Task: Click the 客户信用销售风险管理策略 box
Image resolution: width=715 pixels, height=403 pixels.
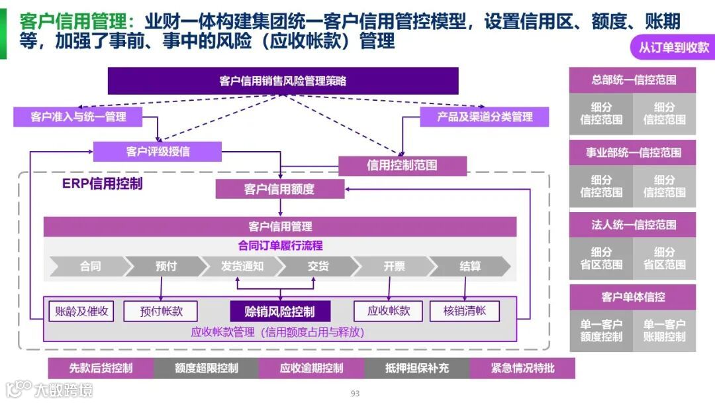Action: [x=283, y=81]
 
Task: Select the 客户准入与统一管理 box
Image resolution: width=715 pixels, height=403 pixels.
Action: [x=78, y=117]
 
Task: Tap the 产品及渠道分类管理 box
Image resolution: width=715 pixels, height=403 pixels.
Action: [x=485, y=117]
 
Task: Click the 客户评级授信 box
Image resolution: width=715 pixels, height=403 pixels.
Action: [x=158, y=151]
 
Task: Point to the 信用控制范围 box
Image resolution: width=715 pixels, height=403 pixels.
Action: [x=402, y=165]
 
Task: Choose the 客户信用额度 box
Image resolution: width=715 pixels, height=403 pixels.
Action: [x=279, y=189]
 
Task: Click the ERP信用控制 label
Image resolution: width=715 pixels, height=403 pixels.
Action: [x=102, y=184]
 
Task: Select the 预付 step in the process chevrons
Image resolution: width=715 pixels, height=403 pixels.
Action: [x=166, y=266]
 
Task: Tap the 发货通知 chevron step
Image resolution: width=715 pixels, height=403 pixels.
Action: [x=242, y=266]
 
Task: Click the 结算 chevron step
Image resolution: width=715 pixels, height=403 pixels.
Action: [x=470, y=266]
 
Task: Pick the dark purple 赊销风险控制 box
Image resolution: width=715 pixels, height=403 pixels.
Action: [x=279, y=312]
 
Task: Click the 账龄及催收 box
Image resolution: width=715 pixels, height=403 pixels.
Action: [x=81, y=311]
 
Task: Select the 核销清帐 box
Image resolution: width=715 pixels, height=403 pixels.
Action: [x=464, y=311]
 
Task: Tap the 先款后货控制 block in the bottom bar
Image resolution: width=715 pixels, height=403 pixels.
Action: [x=101, y=368]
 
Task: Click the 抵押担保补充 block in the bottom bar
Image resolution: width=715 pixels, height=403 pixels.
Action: [x=416, y=368]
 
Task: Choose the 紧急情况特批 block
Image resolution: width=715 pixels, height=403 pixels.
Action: [x=522, y=368]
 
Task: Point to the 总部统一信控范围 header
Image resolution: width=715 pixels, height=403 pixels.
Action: [x=633, y=80]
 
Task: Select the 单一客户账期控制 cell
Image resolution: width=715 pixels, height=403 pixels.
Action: [x=664, y=331]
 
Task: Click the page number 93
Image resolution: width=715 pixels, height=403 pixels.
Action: [x=355, y=394]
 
